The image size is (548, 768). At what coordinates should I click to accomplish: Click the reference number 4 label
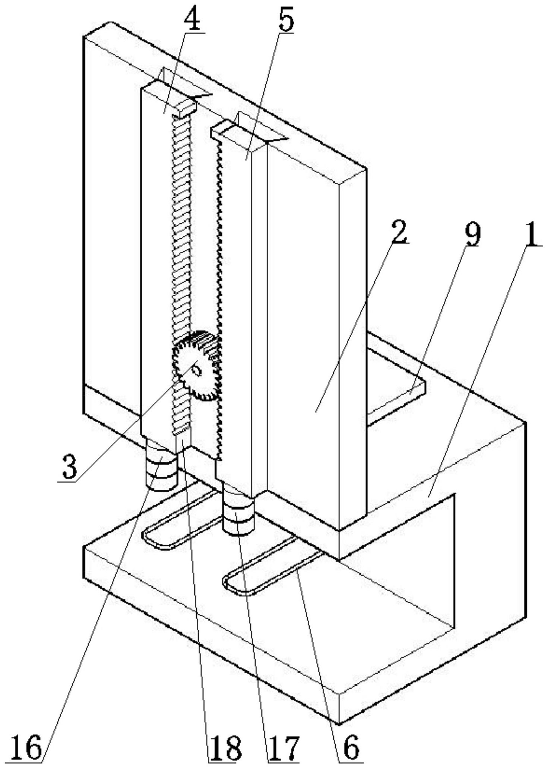[192, 18]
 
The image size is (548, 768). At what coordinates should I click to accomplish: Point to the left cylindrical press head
[161, 464]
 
